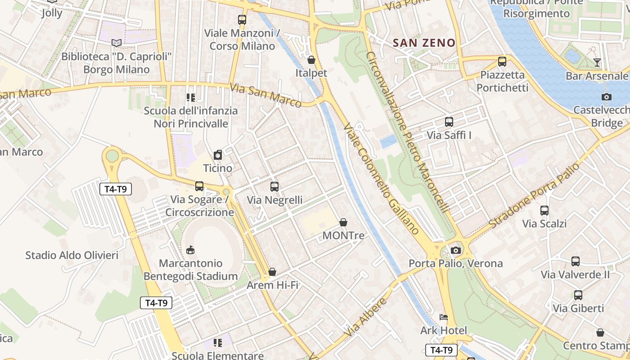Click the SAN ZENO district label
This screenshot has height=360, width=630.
point(424,43)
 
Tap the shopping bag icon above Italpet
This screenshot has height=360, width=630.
point(311,60)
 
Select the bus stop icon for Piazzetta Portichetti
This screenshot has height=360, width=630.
point(502,62)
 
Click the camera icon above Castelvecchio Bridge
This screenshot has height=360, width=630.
point(606,97)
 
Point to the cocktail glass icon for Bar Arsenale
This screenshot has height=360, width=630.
point(597,63)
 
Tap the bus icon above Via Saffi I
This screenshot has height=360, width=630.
point(449,122)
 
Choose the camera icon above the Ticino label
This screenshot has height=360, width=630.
point(218,155)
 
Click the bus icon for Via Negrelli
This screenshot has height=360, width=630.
point(274,187)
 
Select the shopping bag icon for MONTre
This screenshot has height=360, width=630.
point(343,222)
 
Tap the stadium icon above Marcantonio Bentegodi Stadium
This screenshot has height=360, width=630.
point(190,250)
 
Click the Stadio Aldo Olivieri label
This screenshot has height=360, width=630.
point(72,256)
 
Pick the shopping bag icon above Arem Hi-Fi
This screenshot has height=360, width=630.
point(272,272)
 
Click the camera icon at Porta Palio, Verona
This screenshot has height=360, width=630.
point(456,250)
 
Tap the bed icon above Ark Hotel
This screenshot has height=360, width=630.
point(444,317)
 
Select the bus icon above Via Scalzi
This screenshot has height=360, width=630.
point(544,211)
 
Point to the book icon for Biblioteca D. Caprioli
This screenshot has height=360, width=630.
point(117,43)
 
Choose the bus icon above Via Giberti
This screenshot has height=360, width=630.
point(578,295)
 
